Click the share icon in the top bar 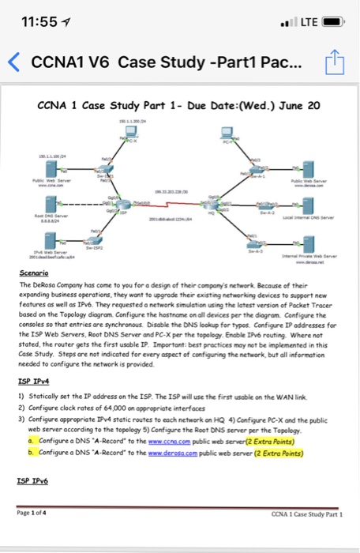[335, 64]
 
